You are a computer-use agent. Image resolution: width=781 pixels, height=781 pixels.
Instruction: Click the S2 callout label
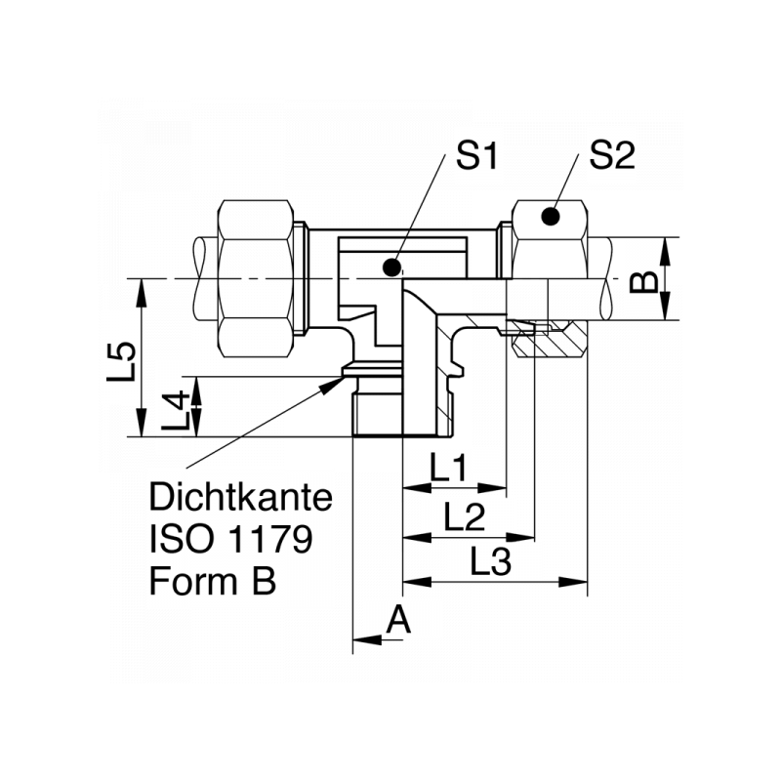click(x=613, y=156)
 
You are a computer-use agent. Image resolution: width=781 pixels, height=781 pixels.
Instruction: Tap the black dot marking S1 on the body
click(x=392, y=266)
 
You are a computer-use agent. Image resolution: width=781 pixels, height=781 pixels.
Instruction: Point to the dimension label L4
click(x=174, y=410)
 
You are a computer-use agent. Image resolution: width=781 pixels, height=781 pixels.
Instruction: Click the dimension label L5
click(x=121, y=361)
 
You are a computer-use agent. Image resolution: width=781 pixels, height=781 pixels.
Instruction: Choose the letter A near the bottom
click(x=398, y=620)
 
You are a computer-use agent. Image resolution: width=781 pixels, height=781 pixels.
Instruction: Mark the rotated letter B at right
click(x=641, y=282)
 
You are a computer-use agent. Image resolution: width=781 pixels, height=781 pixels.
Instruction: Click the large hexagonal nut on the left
click(x=257, y=278)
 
